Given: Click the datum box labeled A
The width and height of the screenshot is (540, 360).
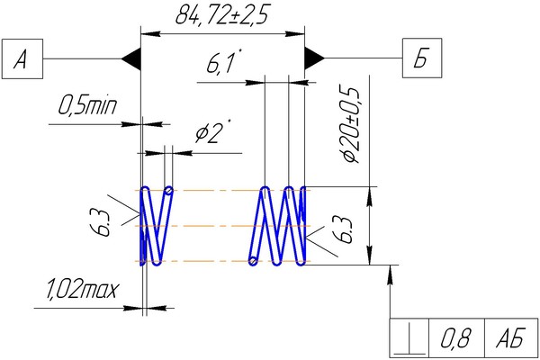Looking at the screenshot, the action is pyautogui.click(x=22, y=58).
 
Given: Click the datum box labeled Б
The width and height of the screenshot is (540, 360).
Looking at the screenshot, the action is pyautogui.click(x=422, y=58).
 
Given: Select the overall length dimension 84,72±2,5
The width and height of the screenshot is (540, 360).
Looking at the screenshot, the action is pyautogui.click(x=221, y=14).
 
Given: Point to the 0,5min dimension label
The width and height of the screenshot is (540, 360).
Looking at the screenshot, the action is pyautogui.click(x=87, y=105).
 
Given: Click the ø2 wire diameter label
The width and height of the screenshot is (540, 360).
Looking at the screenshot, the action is pyautogui.click(x=210, y=131).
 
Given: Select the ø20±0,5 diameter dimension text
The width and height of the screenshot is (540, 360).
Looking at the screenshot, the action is pyautogui.click(x=351, y=124).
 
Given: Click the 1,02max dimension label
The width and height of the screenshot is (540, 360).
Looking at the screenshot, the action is pyautogui.click(x=81, y=291).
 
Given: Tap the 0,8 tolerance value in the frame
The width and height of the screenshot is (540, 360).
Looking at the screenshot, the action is pyautogui.click(x=455, y=338).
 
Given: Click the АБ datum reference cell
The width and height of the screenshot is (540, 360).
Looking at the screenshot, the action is pyautogui.click(x=510, y=338).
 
